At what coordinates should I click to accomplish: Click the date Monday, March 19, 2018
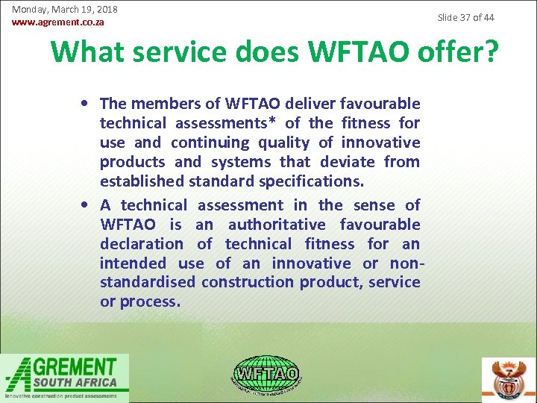point(64,10)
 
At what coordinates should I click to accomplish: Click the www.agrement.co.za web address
point(58,22)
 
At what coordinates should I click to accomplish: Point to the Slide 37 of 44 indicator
point(465,17)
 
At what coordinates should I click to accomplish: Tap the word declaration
point(142,244)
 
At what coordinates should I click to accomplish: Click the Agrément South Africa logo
point(65,378)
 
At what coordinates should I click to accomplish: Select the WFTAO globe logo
point(266,373)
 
